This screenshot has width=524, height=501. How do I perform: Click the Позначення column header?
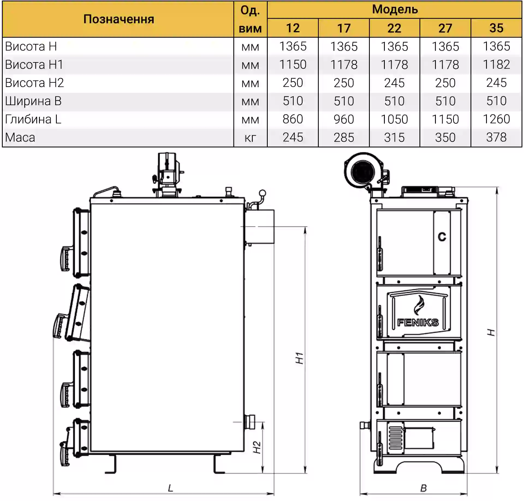pos(119,19)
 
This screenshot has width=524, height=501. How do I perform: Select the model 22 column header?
pos(394,28)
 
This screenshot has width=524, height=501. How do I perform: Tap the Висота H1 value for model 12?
pos(293,65)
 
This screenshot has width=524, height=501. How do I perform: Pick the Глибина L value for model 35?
pos(496,119)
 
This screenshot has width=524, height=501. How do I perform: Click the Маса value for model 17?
pos(344,137)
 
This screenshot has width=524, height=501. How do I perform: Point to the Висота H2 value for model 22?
pos(394,83)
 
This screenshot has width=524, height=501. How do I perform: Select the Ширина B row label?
pos(33,101)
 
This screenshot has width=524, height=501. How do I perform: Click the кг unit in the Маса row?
pos(250,138)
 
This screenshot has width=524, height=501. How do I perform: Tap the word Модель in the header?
pos(395,10)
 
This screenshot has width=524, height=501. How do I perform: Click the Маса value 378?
pos(496,137)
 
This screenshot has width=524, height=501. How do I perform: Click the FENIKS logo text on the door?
pos(418,323)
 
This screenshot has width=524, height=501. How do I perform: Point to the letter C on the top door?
pos(442,236)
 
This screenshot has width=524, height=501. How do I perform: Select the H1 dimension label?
pos(299,358)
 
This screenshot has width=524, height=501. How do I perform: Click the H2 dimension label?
pos(257,447)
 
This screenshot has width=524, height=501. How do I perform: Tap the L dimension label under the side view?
pos(171,488)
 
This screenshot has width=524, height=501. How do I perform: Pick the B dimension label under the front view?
pos(423,488)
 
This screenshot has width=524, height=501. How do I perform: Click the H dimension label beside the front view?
pos(491,332)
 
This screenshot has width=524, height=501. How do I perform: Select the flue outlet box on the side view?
pos(260,226)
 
